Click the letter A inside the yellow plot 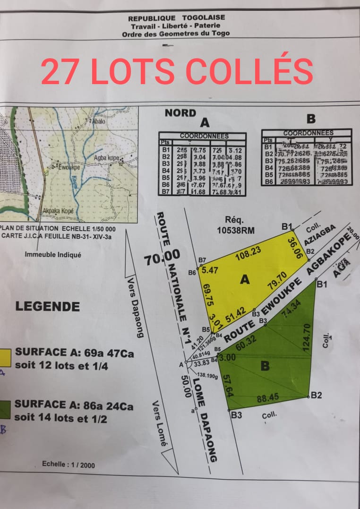pyautogui.click(x=244, y=280)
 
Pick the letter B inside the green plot pyautogui.click(x=265, y=365)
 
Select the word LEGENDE pyautogui.click(x=48, y=306)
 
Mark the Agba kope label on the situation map pyautogui.click(x=106, y=158)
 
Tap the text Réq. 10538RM pyautogui.click(x=234, y=225)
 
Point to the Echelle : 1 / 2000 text pyautogui.click(x=68, y=465)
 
